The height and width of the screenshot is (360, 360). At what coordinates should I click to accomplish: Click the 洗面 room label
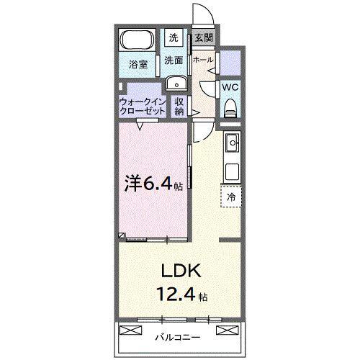174,60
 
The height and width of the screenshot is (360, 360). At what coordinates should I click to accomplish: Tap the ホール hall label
203,60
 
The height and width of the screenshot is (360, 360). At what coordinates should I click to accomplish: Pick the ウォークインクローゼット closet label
142,107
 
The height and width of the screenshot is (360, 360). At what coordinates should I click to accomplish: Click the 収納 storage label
179,107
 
